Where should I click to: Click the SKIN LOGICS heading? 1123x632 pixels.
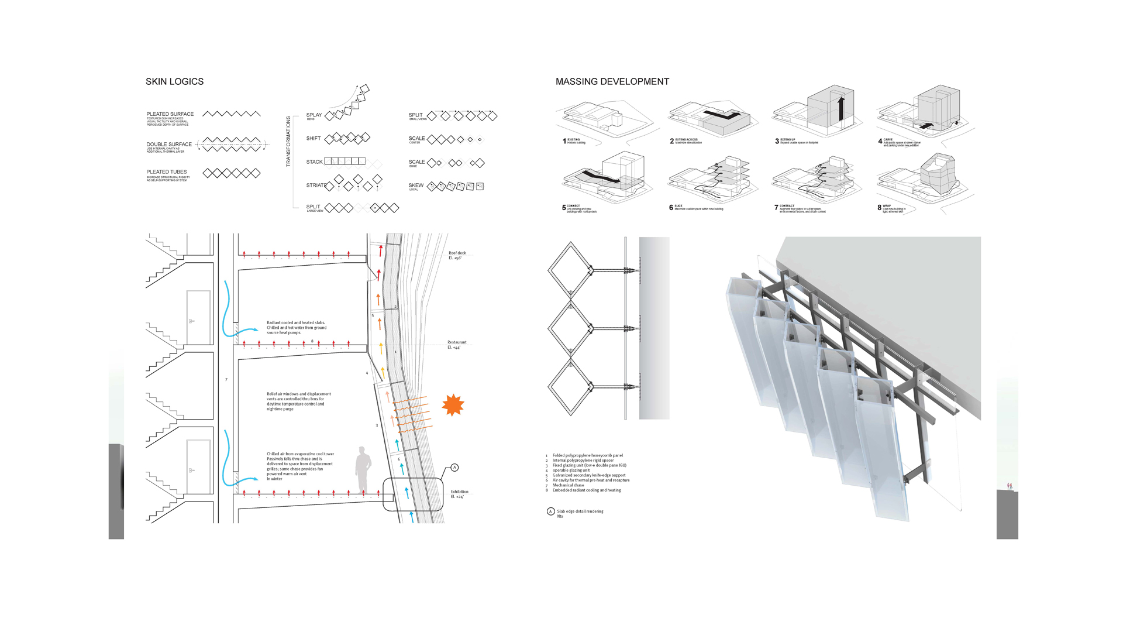[x=174, y=82]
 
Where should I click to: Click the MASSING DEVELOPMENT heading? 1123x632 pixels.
[x=612, y=82]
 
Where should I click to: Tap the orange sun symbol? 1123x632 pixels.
[x=453, y=405]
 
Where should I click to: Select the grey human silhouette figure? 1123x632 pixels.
[x=363, y=470]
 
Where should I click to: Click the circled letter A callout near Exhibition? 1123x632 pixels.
[x=454, y=468]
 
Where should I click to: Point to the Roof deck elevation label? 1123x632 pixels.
[x=457, y=255]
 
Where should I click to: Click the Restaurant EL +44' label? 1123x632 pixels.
[x=457, y=345]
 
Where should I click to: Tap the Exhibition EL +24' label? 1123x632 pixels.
[x=459, y=494]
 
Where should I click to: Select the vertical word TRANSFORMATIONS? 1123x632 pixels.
[x=288, y=141]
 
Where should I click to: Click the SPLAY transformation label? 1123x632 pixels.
[x=314, y=115]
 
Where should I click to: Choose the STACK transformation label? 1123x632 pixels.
[x=314, y=162]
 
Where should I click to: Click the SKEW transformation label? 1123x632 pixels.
[x=416, y=186]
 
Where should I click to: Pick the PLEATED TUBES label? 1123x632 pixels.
[x=167, y=172]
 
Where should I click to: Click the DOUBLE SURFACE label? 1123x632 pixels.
[x=169, y=144]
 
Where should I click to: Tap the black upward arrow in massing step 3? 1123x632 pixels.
[x=841, y=108]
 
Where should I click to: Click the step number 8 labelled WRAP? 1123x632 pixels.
[x=879, y=208]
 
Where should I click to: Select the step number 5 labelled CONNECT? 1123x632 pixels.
[x=564, y=208]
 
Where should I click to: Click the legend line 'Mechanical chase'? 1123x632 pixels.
[x=568, y=485]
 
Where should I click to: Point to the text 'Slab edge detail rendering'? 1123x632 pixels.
[x=580, y=511]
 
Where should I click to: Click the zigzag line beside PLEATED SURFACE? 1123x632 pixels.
[x=232, y=114]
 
